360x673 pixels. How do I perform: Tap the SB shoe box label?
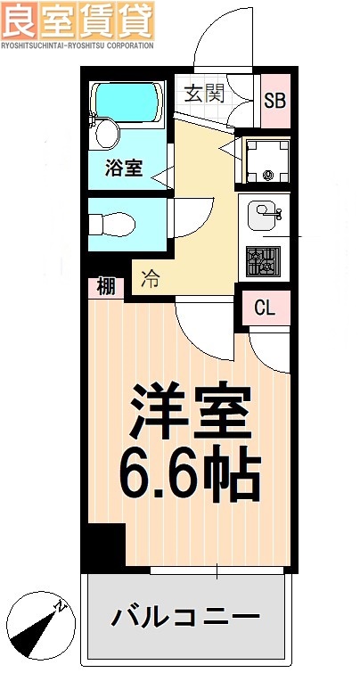pos(274,98)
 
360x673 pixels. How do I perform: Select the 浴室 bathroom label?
pos(124,167)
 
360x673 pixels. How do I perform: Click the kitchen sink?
pos(264,215)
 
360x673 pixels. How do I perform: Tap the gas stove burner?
pos(264,261)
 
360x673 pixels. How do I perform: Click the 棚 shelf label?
pos(106,287)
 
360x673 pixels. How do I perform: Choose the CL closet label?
pos(266,308)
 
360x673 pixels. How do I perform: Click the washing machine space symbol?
pos(264,160)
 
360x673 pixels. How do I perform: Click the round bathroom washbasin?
pos(106,135)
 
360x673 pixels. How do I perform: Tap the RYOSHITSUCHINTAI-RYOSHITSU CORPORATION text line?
pos(78,44)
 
